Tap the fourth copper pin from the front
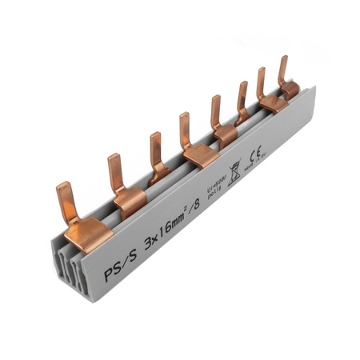186,130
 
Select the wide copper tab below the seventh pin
274,102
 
